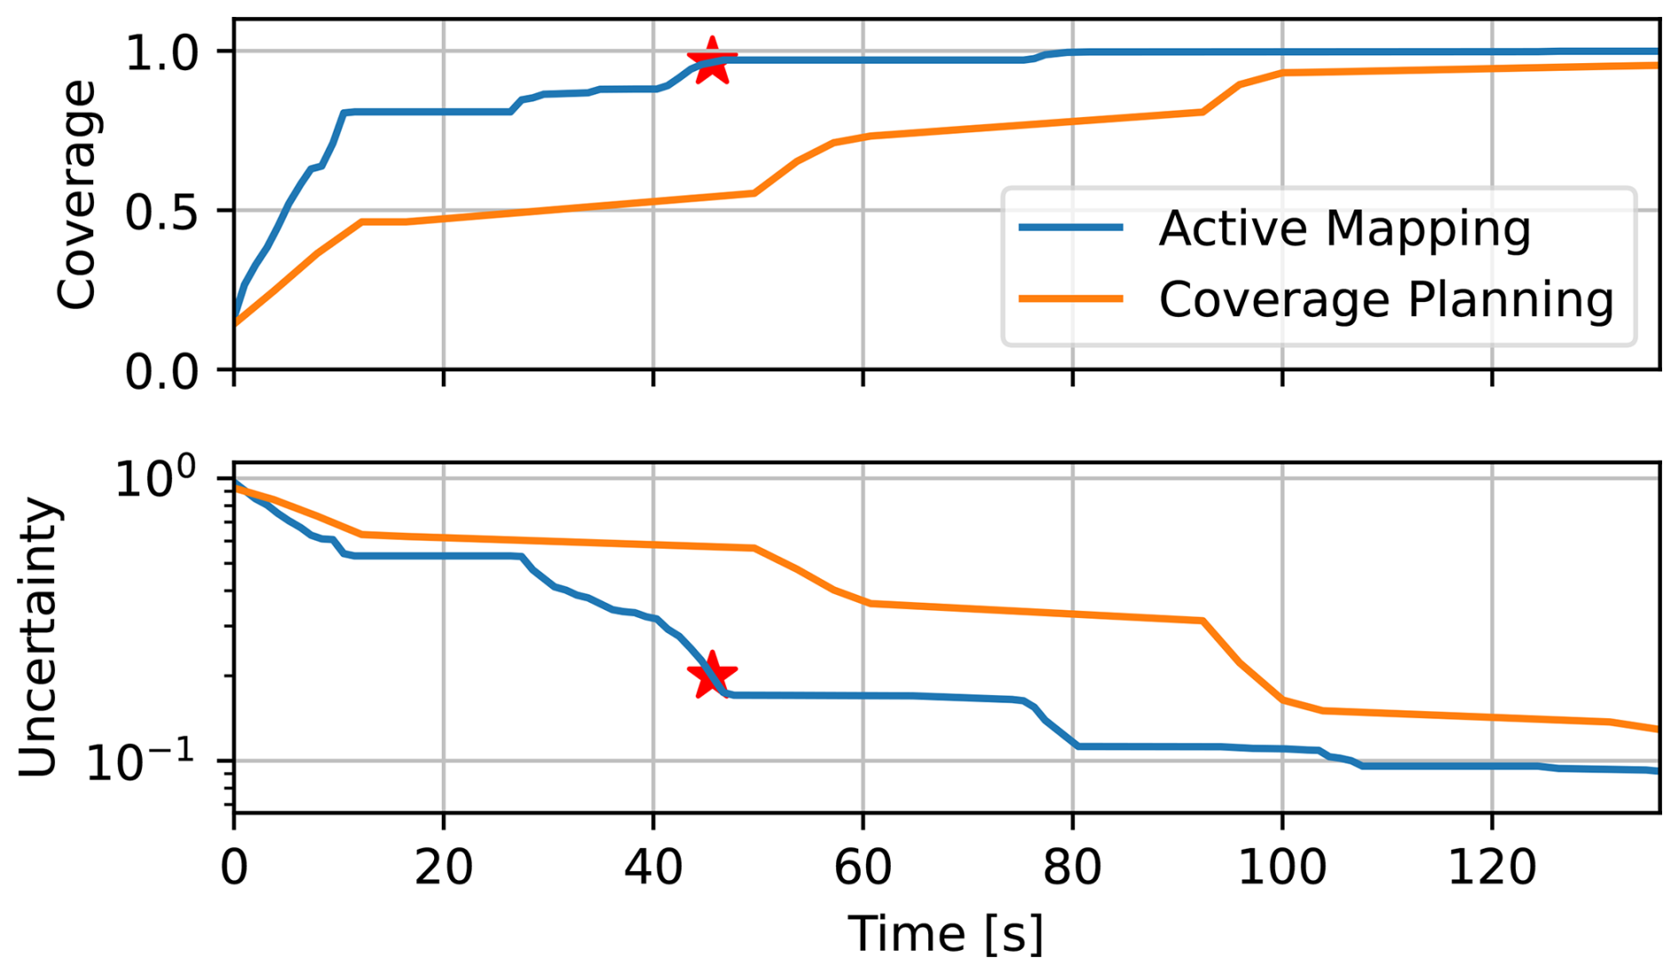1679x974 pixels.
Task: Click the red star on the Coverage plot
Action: [x=712, y=61]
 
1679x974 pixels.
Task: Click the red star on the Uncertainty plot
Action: [x=712, y=677]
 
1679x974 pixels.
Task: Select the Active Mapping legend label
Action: [x=1344, y=228]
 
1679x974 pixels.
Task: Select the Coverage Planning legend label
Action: [x=1385, y=299]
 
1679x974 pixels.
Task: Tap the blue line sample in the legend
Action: [x=1071, y=228]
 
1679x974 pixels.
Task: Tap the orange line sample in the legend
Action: [x=1071, y=299]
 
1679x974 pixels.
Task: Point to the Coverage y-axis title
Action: [x=76, y=194]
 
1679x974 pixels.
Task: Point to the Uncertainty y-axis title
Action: [x=39, y=637]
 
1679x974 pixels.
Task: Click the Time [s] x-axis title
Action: [x=946, y=934]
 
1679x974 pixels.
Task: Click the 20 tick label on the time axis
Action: [x=443, y=867]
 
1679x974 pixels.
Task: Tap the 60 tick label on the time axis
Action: [x=863, y=867]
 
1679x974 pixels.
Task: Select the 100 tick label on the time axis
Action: [x=1281, y=867]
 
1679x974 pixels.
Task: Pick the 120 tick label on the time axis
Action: [x=1492, y=867]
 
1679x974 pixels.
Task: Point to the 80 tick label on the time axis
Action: [x=1072, y=867]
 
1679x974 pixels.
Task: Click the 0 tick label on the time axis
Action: [x=234, y=867]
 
